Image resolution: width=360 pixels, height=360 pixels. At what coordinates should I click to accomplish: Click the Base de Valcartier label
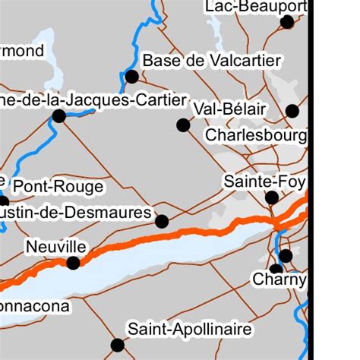pos(212,60)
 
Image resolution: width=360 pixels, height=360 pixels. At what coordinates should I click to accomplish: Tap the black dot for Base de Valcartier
pos(131,76)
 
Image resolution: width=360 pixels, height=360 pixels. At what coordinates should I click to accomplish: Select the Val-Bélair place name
pos(230,109)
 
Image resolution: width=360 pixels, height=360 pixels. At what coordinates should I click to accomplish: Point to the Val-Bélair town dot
pos(183,125)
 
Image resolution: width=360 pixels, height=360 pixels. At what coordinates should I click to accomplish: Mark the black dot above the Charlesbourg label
pos(292,111)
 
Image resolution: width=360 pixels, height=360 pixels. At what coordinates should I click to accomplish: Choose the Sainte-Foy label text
pos(264,182)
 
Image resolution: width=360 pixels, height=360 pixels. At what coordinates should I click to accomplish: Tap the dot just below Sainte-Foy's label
pos(272,197)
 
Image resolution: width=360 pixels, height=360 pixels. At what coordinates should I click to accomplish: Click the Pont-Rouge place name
pos(58,186)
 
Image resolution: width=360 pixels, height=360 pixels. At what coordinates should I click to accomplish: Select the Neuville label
pos(55,247)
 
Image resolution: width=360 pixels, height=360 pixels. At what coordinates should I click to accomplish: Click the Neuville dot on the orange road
pos(73,263)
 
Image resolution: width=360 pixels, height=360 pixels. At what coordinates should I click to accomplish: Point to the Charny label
pos(278,279)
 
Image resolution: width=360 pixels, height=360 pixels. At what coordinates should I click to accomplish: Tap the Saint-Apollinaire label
pos(189,330)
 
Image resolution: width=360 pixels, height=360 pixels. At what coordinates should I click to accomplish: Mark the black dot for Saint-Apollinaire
pos(117,346)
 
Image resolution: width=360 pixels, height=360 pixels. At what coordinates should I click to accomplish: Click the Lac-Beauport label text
pos(256,7)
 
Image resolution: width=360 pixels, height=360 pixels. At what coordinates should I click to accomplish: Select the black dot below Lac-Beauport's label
pos(286,22)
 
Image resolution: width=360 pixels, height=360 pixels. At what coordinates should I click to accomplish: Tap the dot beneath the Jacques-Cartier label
pos(58,116)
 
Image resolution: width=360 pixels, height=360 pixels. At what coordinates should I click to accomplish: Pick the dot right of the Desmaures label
pos(161,221)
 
